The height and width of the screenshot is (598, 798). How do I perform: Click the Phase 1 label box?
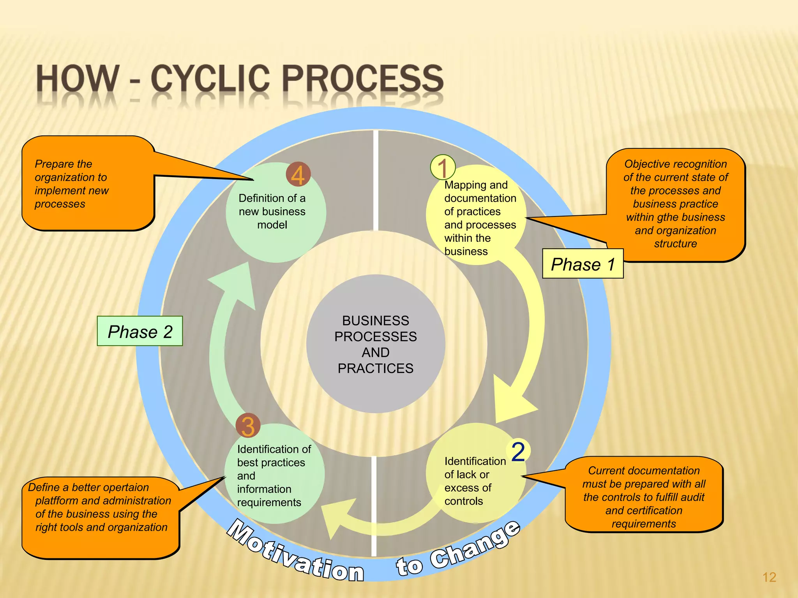[583, 264]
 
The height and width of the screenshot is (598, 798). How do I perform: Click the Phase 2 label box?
[140, 331]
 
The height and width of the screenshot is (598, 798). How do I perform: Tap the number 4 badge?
[298, 174]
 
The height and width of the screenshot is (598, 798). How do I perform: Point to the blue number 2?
[518, 452]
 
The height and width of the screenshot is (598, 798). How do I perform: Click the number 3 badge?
[248, 426]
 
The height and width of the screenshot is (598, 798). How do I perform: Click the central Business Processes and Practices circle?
[375, 344]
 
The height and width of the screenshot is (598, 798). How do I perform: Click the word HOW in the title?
[78, 79]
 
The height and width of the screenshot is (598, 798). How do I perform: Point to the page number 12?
[769, 577]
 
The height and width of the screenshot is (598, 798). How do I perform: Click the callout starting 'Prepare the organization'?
[88, 183]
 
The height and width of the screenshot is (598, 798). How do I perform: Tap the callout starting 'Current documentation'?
[644, 496]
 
